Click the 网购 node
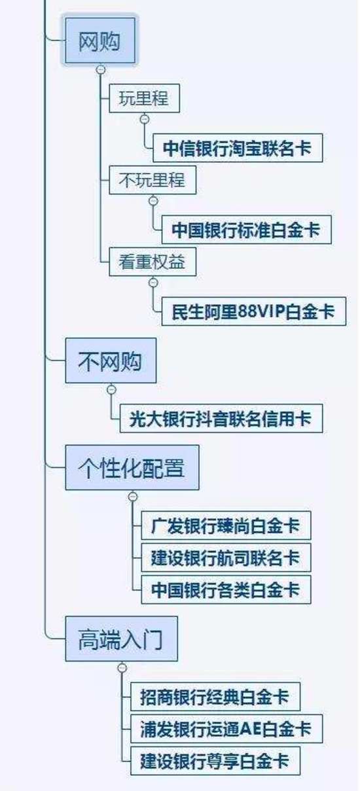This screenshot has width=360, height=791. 99,41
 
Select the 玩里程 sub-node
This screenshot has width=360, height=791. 143,99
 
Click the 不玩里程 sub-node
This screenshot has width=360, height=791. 152,179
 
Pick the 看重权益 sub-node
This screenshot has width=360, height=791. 152,262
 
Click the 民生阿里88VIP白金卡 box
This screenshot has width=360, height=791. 253,311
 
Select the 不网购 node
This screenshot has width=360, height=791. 110,360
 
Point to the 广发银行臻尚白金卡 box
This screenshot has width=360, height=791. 225,525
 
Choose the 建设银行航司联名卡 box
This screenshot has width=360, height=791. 225,557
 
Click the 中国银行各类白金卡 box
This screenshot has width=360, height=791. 225,589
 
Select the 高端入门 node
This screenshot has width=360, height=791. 120,638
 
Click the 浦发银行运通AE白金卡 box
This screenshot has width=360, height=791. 226,729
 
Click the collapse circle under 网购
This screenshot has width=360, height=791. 100,69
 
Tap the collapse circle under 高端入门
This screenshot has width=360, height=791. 122,667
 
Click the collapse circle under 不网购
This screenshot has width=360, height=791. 111,389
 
